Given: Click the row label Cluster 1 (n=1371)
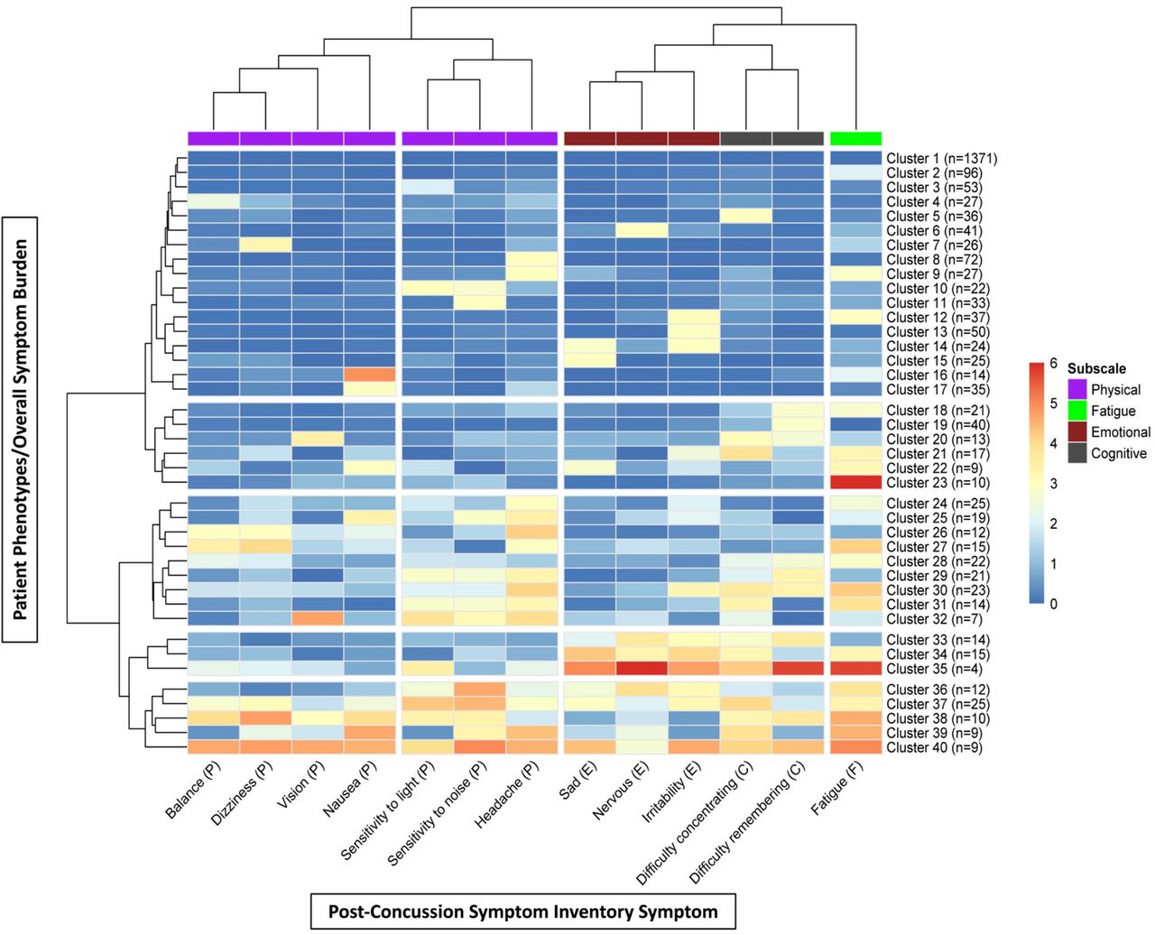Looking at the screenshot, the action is (x=941, y=158).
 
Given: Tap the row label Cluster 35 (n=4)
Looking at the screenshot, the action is (x=934, y=669).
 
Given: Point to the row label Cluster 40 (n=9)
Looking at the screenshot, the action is (x=934, y=747).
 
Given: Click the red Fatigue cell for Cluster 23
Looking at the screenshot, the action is (x=855, y=483).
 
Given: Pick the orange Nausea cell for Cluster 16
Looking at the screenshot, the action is (x=369, y=375).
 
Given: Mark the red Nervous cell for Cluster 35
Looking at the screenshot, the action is (x=642, y=669).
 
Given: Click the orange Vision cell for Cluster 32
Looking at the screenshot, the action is (x=318, y=619).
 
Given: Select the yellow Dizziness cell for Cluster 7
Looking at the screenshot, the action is (x=265, y=245).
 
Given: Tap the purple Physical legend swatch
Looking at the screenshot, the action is (x=1076, y=389).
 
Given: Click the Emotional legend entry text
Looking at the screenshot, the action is (x=1121, y=432).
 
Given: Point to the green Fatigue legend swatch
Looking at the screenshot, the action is (x=1076, y=411).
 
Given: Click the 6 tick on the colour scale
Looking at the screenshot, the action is (x=1053, y=364).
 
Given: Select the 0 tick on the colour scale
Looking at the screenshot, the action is (x=1053, y=604).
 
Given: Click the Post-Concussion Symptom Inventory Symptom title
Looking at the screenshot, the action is (x=522, y=912).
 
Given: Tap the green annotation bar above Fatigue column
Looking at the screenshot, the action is (x=855, y=138).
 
